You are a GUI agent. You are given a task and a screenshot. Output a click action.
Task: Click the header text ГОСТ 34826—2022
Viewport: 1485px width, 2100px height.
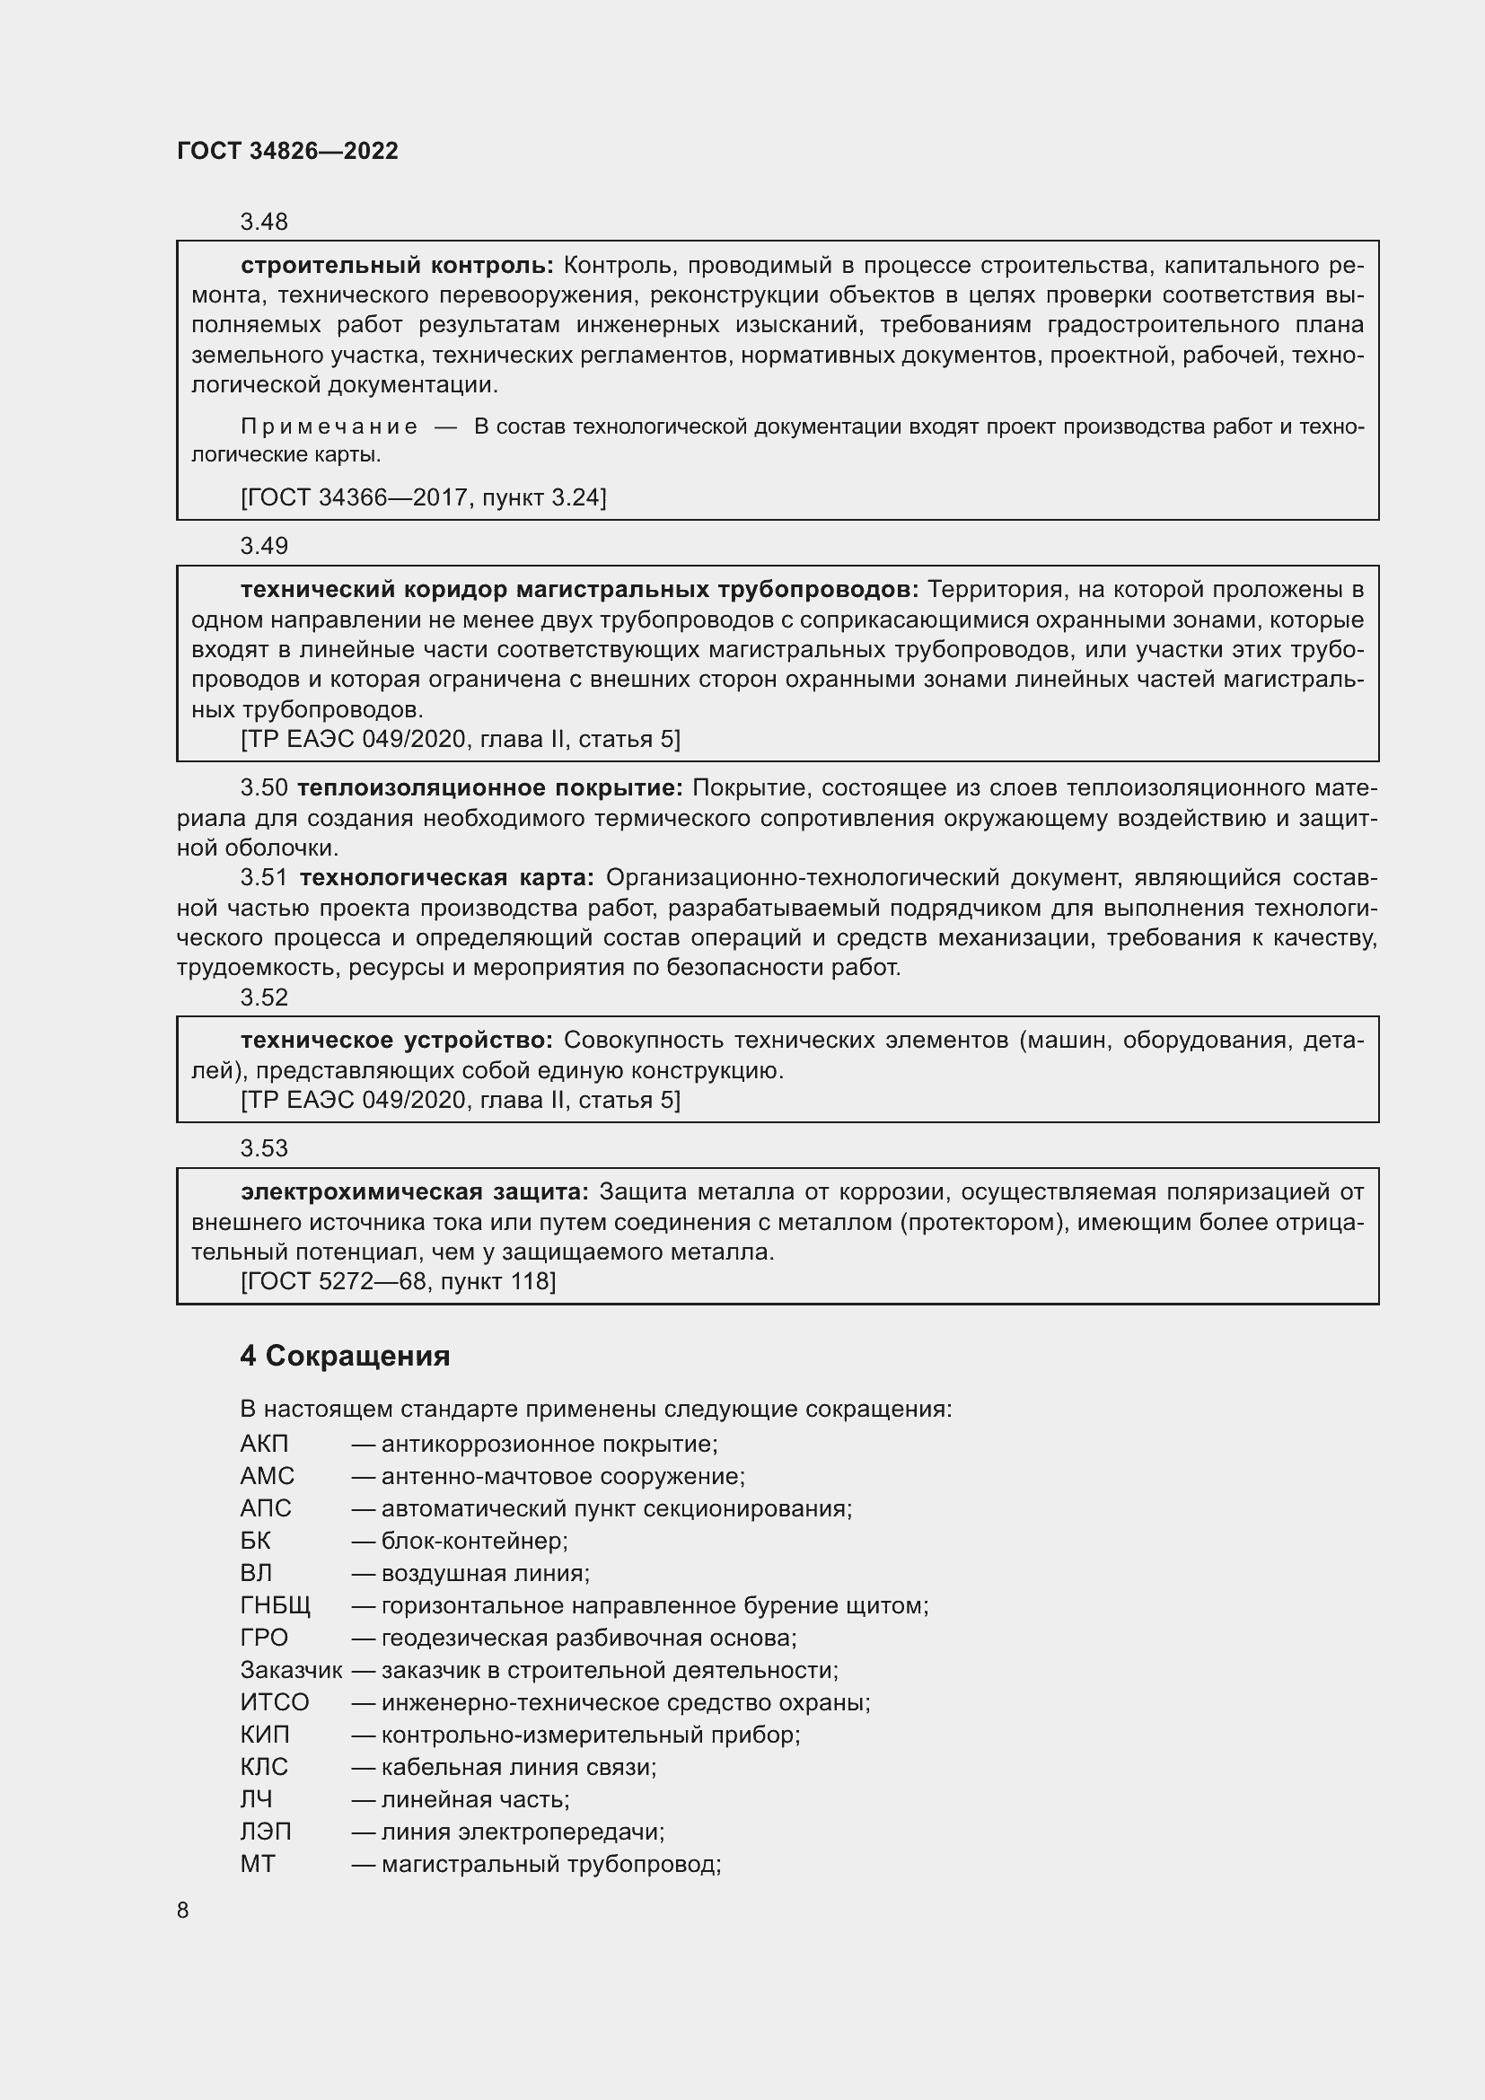287,151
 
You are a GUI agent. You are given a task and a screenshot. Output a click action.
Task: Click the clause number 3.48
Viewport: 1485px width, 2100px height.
263,223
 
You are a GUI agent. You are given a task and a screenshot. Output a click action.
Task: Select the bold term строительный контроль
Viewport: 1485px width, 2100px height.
397,266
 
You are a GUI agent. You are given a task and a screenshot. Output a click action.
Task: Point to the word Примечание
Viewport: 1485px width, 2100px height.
330,426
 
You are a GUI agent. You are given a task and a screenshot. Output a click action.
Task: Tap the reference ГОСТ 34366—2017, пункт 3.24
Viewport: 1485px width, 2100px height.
423,497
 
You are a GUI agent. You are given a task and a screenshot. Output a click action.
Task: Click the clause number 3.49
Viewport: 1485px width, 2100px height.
263,546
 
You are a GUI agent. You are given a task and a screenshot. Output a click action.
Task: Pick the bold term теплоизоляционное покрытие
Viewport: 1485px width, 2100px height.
490,788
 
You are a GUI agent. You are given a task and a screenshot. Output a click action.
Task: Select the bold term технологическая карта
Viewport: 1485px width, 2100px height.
446,878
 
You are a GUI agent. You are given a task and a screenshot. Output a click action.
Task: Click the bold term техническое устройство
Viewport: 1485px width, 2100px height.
397,1040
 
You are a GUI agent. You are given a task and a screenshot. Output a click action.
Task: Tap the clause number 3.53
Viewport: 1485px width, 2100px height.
263,1148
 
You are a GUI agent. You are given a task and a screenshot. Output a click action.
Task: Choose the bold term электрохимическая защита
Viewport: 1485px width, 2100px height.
415,1191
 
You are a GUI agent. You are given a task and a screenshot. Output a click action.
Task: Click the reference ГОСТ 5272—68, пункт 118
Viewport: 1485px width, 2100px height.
398,1281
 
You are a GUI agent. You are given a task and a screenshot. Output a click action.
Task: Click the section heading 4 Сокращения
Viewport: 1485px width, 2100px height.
345,1356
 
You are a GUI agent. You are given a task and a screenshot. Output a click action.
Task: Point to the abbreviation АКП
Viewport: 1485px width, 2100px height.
264,1445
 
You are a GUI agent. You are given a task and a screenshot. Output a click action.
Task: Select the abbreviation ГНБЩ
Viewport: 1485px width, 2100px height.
276,1606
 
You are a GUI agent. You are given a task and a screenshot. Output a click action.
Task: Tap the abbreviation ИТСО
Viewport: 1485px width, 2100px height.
275,1703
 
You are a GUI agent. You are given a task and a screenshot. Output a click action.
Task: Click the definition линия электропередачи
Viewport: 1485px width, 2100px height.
523,1832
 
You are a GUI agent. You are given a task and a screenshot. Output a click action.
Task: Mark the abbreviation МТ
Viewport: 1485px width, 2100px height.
257,1864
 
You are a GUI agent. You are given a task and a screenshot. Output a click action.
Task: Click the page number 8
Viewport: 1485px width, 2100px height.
183,1910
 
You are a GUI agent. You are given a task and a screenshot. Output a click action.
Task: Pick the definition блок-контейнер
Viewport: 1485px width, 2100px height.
475,1542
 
